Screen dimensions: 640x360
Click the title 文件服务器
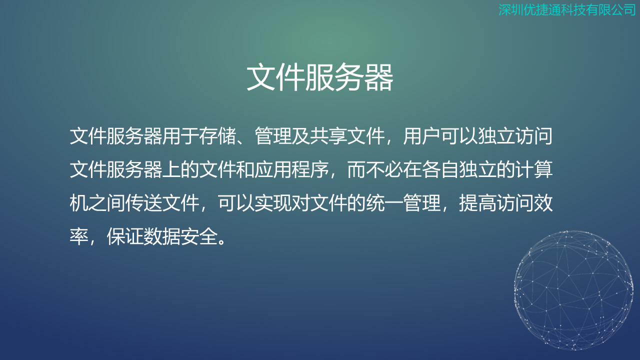coord(320,77)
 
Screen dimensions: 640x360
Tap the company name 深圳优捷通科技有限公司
coord(567,9)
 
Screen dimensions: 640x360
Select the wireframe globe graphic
coord(573,290)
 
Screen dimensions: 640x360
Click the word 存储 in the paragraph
coord(217,136)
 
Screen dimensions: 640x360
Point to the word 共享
coord(328,136)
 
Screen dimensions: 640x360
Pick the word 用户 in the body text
coord(421,136)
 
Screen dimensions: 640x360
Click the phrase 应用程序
coord(291,169)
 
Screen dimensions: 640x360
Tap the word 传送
coord(143,203)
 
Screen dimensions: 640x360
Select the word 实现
coord(273,203)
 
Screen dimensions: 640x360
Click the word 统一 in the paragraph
coord(384,203)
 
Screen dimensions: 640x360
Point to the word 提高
coord(477,203)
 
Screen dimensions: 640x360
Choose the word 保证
coord(125,237)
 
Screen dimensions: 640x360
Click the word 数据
coord(162,237)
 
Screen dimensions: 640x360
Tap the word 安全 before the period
coord(199,237)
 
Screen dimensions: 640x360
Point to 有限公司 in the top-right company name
coord(611,9)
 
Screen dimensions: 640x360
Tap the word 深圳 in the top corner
coord(510,9)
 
